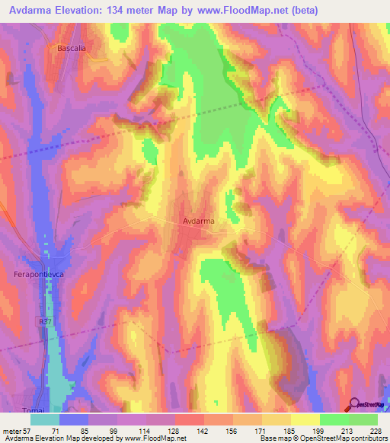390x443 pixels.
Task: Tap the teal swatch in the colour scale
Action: coord(46,419)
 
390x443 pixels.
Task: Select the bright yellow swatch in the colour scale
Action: coord(305,419)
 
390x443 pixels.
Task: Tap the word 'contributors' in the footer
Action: coord(366,438)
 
